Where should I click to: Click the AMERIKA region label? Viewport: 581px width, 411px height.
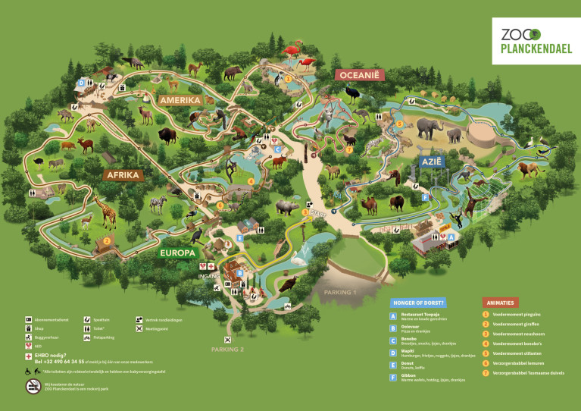pyautogui.click(x=180, y=100)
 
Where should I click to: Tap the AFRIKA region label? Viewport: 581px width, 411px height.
pyautogui.click(x=123, y=175)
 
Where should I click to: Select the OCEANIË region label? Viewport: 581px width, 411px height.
pyautogui.click(x=361, y=75)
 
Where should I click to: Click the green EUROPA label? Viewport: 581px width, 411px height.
pyautogui.click(x=178, y=253)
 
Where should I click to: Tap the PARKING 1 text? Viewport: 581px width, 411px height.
pyautogui.click(x=339, y=292)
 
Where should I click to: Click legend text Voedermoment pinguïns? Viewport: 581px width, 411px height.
pyautogui.click(x=515, y=314)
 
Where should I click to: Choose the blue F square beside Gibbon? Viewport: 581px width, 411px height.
pyautogui.click(x=393, y=376)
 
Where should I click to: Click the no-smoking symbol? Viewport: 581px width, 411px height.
pyautogui.click(x=33, y=387)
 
